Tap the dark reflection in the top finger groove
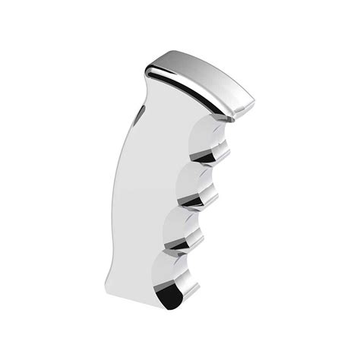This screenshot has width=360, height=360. coord(210,155)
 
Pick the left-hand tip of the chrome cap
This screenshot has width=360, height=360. coord(147,69)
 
